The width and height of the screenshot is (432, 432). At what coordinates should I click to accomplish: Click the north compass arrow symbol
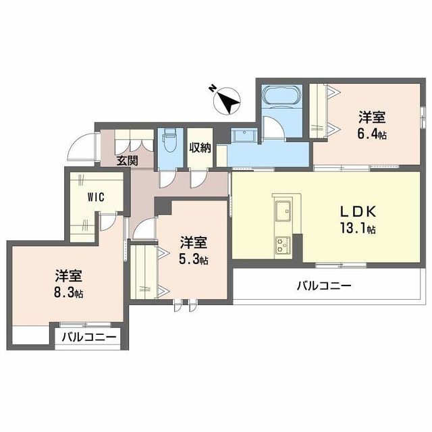(x=227, y=101)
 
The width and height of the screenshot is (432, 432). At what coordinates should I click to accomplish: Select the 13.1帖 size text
(x=358, y=228)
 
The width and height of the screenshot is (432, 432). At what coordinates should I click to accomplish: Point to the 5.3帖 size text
(x=193, y=259)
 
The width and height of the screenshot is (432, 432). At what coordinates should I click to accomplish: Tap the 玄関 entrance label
(x=127, y=161)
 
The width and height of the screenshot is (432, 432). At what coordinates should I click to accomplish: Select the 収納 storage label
(x=200, y=147)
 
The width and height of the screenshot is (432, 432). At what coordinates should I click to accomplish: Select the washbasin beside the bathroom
(x=242, y=137)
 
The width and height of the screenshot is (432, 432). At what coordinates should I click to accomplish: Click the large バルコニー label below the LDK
(x=324, y=286)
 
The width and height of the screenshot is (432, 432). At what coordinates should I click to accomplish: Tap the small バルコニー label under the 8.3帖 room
(x=88, y=337)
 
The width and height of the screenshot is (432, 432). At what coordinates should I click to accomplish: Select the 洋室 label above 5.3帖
(x=193, y=242)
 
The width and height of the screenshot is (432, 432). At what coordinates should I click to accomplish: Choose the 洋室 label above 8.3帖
(x=69, y=275)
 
